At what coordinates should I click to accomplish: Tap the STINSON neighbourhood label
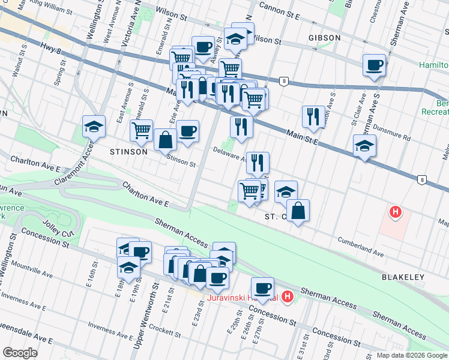click(x=128, y=152)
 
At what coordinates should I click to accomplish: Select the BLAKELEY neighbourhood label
click(x=403, y=277)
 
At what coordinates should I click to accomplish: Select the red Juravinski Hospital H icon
click(x=288, y=296)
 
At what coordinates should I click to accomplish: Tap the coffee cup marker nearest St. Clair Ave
click(x=374, y=65)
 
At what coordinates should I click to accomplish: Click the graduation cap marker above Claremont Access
click(x=94, y=126)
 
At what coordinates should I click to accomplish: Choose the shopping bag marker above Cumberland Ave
click(x=298, y=211)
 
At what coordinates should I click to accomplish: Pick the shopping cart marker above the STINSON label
click(x=141, y=129)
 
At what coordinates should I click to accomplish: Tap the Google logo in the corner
click(x=20, y=353)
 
